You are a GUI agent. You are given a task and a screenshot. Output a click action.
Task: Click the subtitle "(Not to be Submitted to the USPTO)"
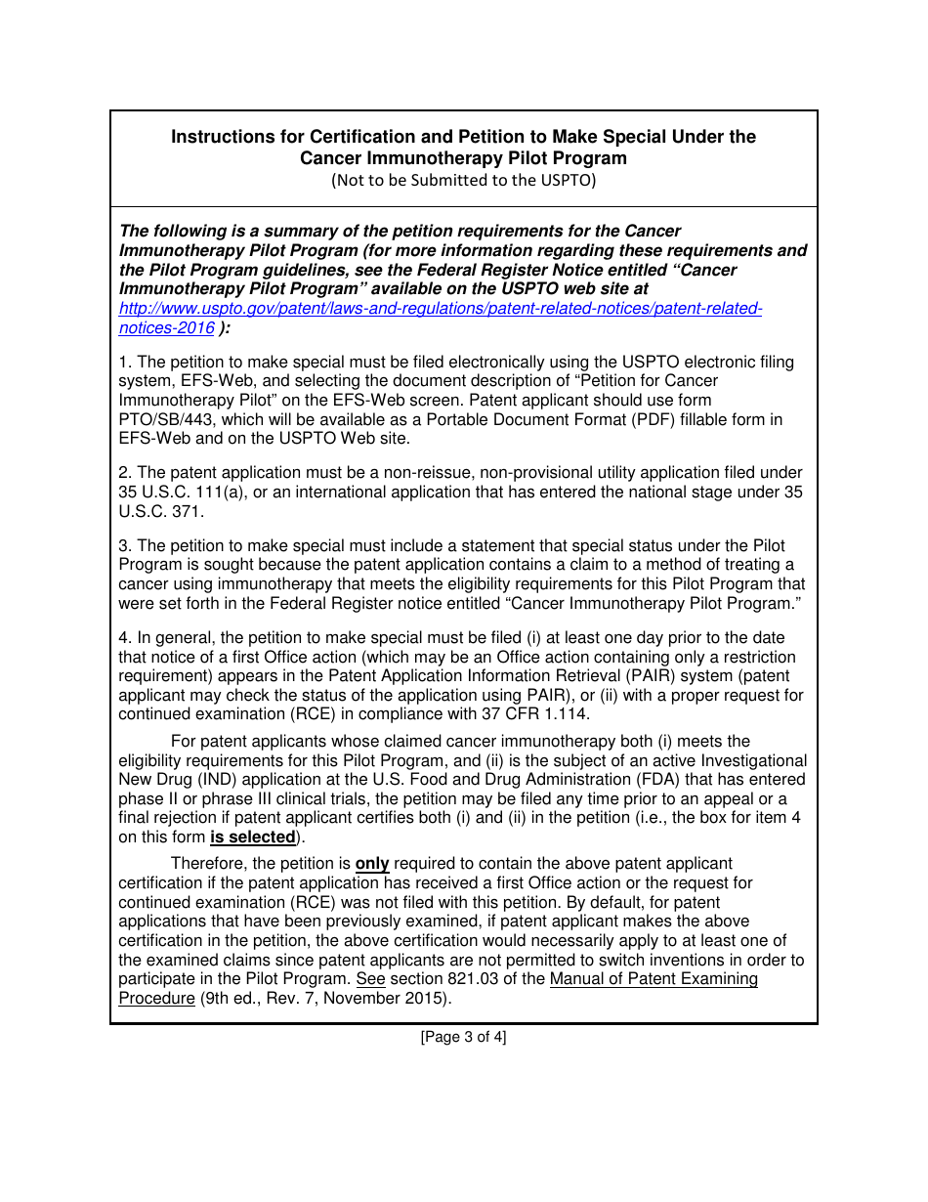click(x=463, y=180)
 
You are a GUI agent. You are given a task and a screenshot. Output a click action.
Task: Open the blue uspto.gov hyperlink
click(x=440, y=309)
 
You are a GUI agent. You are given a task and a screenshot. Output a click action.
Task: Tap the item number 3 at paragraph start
click(x=124, y=545)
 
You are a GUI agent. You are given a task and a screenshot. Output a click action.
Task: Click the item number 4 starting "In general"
click(x=124, y=638)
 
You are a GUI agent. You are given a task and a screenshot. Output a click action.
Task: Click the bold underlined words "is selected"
click(x=252, y=837)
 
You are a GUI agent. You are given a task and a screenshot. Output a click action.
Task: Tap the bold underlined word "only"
click(x=372, y=864)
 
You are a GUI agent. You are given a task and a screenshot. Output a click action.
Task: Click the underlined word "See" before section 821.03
click(x=371, y=979)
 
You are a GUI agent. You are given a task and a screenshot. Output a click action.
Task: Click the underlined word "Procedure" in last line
click(x=156, y=999)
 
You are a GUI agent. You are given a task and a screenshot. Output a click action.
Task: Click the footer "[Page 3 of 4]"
click(x=463, y=1038)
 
